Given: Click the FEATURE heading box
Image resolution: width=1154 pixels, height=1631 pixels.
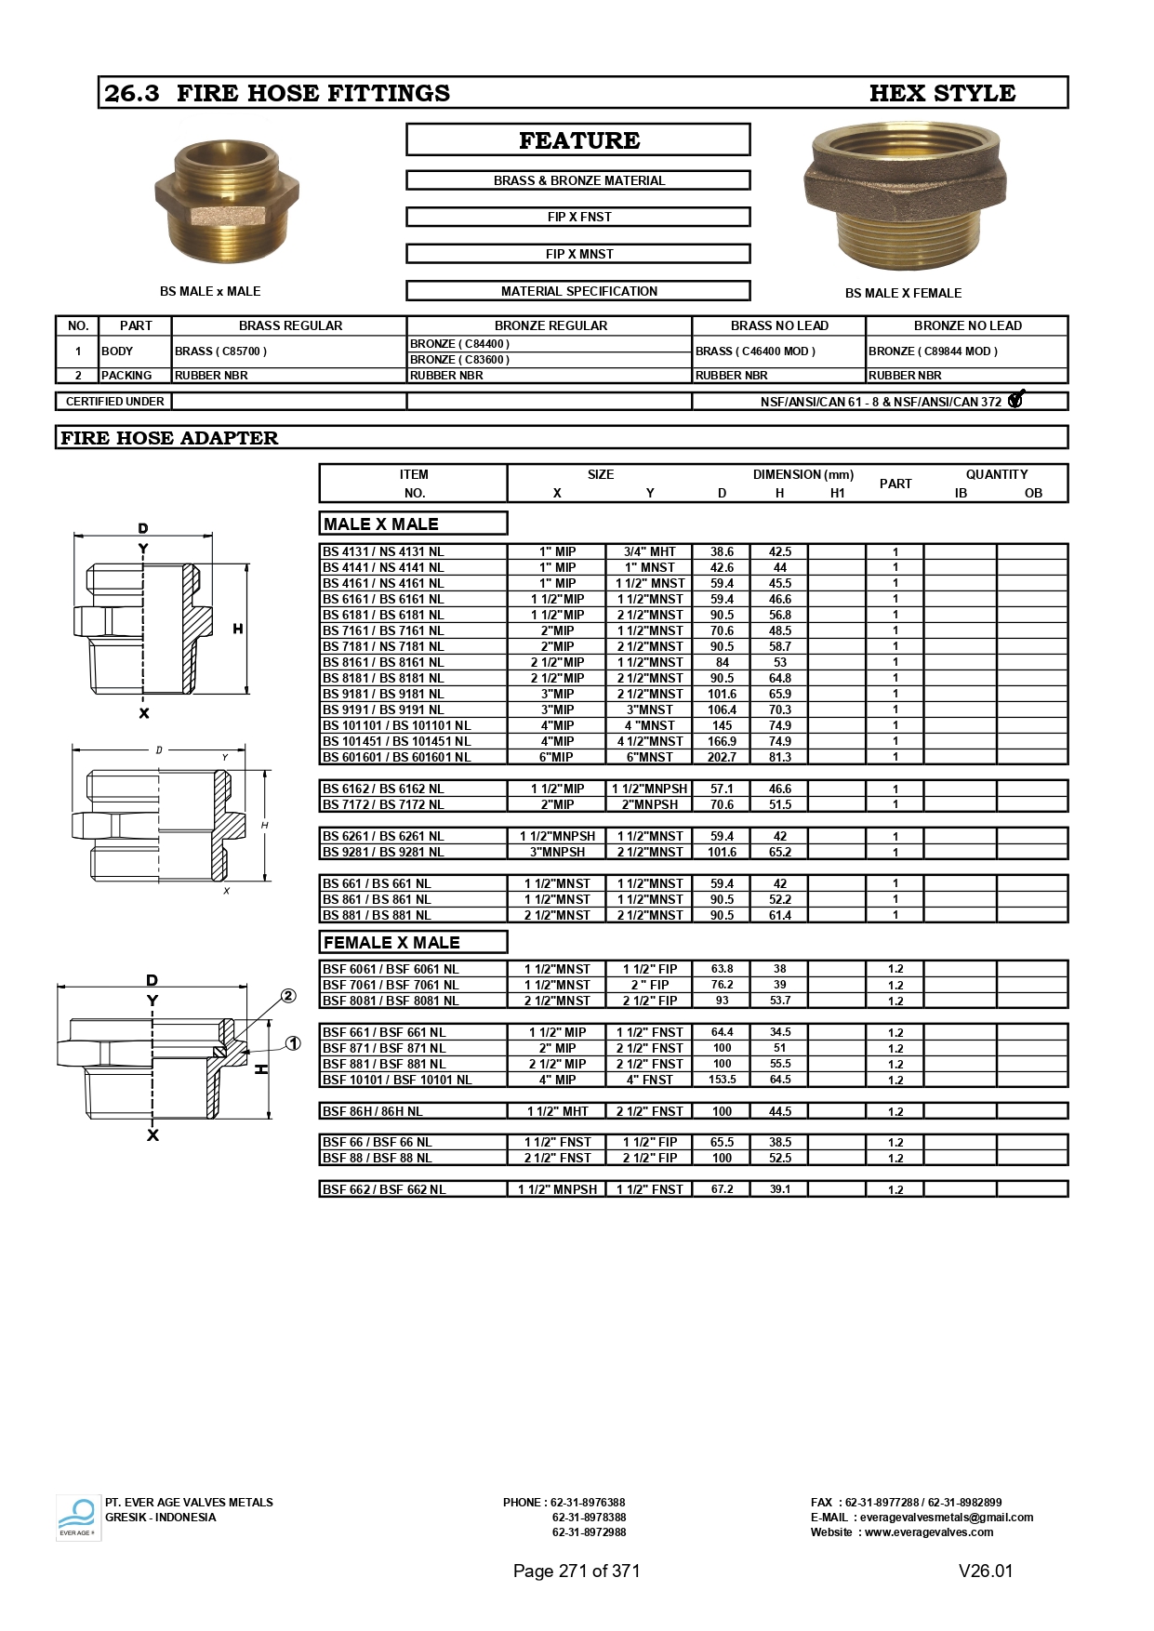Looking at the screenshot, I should (578, 140).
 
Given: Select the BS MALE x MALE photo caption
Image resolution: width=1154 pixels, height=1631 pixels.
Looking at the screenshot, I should (210, 291).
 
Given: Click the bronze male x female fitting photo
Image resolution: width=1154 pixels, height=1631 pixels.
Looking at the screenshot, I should (904, 195).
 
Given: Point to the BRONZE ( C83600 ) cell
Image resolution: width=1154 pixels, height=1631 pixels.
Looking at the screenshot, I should (459, 360).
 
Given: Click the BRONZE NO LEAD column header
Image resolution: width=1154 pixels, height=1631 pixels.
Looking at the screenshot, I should (967, 325).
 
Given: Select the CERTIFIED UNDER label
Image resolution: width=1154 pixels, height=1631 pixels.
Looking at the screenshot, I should (114, 402).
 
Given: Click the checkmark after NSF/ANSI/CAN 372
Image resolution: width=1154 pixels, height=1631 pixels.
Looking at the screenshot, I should (1015, 400).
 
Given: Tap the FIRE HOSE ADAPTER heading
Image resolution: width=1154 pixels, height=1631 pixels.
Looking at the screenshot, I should (169, 438).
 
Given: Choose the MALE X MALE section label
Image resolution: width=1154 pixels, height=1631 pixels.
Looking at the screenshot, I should (381, 524).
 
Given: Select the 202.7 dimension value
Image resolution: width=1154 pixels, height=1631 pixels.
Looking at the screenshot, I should (722, 757).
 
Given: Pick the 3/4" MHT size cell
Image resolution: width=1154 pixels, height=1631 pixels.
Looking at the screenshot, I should (650, 551).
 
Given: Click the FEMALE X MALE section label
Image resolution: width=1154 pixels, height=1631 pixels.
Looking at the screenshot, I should (391, 942).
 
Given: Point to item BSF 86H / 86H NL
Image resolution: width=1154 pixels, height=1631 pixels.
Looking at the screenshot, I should (373, 1111).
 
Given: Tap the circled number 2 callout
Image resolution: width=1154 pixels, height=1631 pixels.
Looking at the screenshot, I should (288, 996).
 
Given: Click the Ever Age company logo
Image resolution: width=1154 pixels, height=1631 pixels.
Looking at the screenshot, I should (78, 1518).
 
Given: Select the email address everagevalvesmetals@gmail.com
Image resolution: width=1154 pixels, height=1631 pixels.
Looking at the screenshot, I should (947, 1518).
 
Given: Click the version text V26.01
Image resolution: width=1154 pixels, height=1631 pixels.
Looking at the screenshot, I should (986, 1571).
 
